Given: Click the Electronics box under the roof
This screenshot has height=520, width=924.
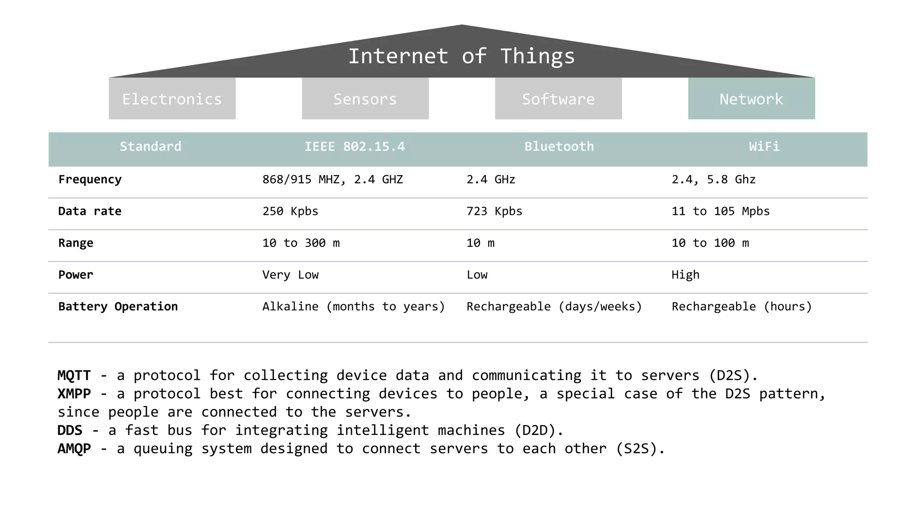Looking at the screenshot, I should click(172, 98).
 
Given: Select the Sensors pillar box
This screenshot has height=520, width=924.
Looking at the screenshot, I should click(365, 98).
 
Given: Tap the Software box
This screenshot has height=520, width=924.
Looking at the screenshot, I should click(558, 98).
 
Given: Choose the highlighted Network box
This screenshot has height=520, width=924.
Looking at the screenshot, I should click(751, 98).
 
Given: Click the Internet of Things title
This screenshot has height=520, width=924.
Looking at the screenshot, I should click(462, 56).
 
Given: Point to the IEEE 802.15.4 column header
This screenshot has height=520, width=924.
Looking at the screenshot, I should click(355, 147).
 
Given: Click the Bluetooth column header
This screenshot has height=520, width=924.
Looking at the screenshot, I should click(559, 147).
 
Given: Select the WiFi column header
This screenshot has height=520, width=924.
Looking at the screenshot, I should click(764, 147).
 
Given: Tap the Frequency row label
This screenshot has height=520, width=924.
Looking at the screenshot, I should click(90, 180).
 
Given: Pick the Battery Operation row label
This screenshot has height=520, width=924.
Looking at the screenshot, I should click(118, 306).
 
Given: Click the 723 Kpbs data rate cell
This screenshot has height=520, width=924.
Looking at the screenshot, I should click(494, 211).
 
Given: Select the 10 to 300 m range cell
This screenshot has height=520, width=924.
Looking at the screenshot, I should click(301, 243).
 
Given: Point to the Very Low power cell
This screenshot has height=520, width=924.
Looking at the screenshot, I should click(290, 275).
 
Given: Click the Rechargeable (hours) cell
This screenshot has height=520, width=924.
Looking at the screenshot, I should click(741, 306).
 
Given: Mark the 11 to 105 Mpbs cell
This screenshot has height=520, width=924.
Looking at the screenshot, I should click(721, 211).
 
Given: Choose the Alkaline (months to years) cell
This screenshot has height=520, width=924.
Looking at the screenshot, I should click(353, 306).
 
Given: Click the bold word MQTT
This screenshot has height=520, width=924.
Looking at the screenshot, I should click(74, 376).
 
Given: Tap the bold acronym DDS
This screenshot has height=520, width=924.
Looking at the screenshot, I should click(70, 430).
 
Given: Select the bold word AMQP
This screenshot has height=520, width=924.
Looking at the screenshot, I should click(74, 449).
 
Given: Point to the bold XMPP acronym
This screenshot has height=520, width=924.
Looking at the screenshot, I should click(74, 394).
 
